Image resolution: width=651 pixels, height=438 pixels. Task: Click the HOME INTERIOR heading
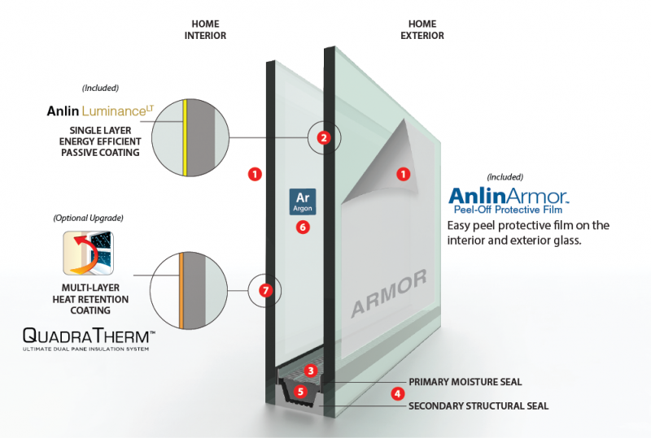click(x=205, y=30)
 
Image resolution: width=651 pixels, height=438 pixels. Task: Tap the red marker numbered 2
click(x=323, y=138)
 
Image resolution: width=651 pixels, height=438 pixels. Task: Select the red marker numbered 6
click(x=303, y=228)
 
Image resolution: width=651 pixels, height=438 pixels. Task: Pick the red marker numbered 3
click(x=310, y=371)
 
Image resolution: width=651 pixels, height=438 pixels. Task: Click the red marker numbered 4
click(x=397, y=393)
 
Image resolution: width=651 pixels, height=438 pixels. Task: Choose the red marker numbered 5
click(x=301, y=391)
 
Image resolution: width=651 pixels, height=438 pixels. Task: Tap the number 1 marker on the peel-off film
click(x=402, y=173)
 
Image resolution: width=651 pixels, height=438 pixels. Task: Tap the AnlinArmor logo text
click(x=508, y=196)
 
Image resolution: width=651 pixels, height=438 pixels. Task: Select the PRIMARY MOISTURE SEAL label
click(x=465, y=381)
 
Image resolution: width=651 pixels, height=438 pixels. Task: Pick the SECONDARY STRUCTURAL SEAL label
click(x=478, y=405)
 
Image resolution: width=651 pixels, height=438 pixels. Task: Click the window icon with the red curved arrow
click(x=88, y=252)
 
